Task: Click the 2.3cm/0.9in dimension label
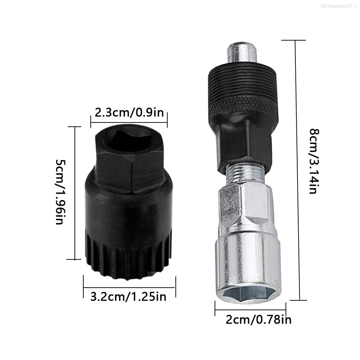129,113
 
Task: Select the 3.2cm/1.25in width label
128,296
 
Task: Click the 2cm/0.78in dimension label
259,320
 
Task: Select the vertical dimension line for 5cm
75,192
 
